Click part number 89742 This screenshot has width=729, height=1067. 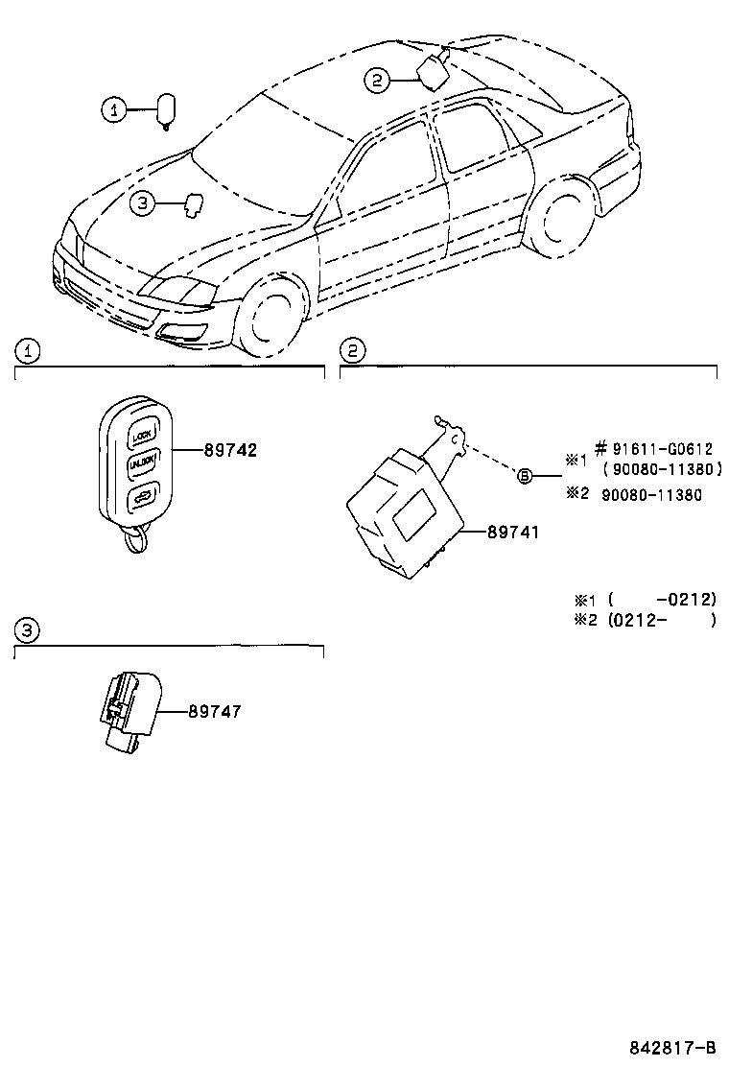(230, 450)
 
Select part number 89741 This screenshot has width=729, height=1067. (499, 531)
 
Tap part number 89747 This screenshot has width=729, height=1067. (215, 711)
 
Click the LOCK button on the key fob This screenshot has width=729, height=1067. (143, 434)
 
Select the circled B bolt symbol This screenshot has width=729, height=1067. (525, 475)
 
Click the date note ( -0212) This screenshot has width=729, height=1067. (662, 600)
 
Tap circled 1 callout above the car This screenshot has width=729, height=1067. (113, 111)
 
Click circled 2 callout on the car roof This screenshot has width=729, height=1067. (376, 82)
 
